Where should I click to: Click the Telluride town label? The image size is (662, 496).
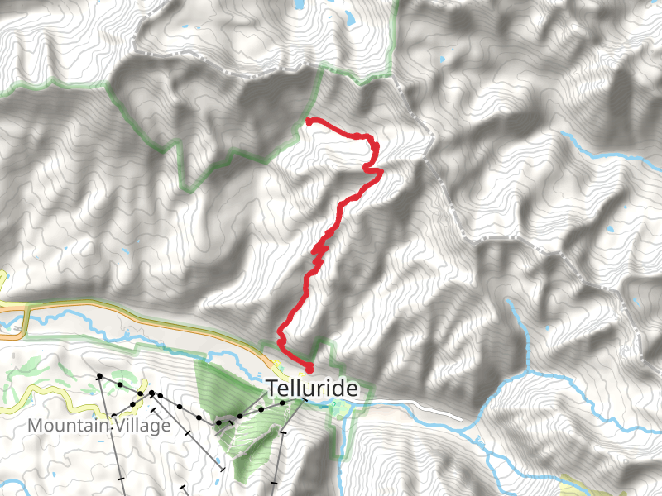[312, 389]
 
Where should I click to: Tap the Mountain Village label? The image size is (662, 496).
[99, 425]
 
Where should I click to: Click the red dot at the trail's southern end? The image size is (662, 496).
[309, 368]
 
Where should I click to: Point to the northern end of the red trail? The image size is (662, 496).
[309, 122]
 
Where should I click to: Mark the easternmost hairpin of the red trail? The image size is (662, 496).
[381, 171]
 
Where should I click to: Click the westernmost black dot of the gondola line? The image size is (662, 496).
[99, 377]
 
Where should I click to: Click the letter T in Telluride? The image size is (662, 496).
[271, 389]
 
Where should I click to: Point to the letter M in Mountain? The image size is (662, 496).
[35, 425]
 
